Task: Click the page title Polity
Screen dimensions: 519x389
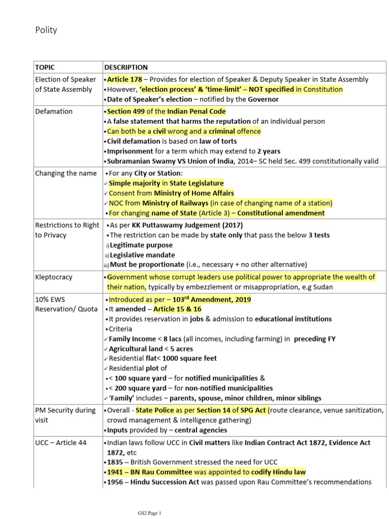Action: point(46,30)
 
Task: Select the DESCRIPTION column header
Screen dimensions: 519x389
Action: point(126,67)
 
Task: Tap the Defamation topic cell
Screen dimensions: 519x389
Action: point(54,111)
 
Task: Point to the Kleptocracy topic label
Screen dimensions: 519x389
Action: point(54,277)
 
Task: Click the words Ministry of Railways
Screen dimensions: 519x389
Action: point(180,203)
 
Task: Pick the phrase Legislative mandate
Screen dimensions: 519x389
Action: point(142,255)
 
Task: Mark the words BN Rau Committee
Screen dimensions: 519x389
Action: point(160,472)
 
